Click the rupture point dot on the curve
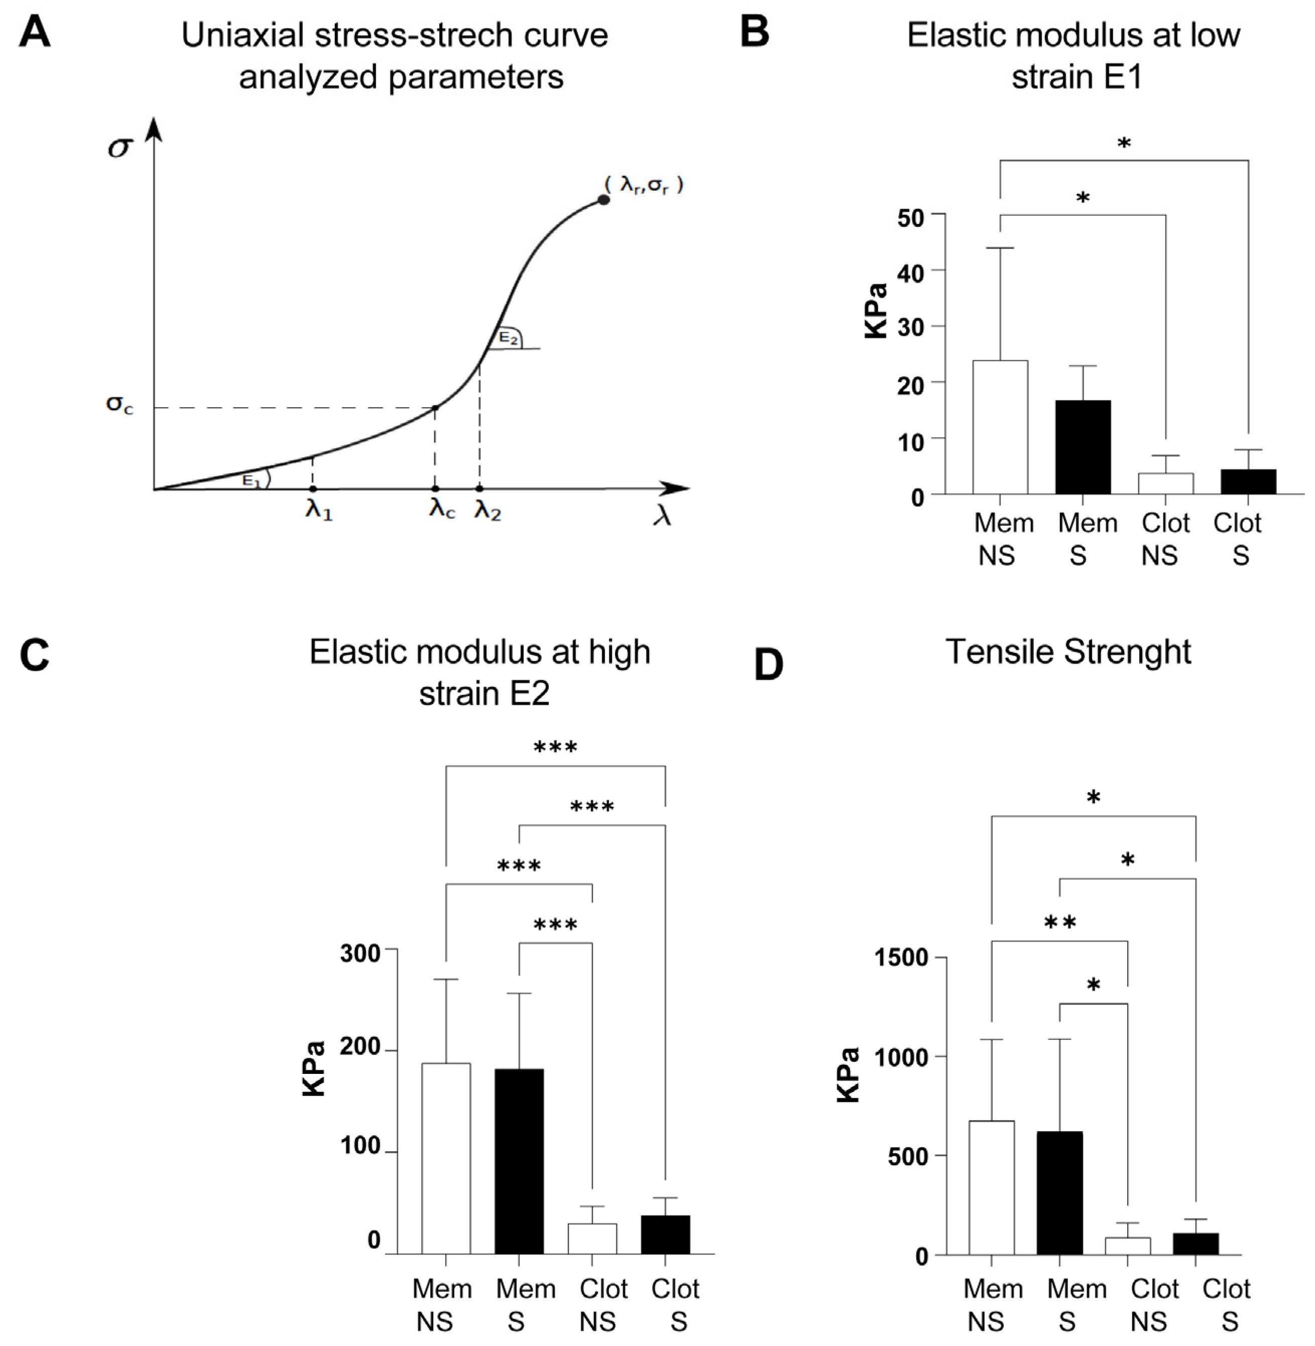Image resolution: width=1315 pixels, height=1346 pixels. coord(603,200)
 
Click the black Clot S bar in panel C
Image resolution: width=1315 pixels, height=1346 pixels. coord(665,1235)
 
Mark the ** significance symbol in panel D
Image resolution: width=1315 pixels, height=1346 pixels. coord(1060,923)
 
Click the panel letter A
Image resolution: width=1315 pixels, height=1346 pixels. coord(35,33)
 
